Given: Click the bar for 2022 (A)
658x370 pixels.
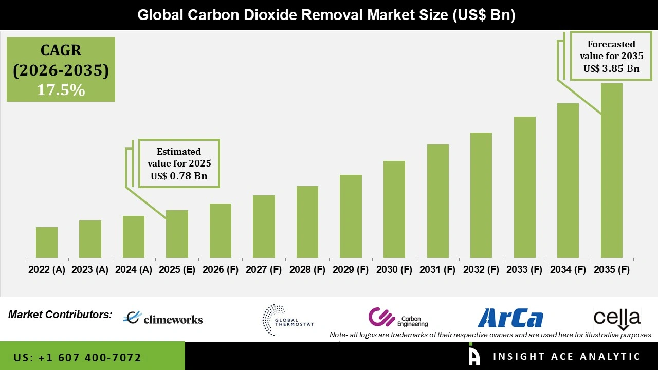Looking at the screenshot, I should click(x=47, y=243).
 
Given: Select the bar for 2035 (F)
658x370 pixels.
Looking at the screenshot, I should click(x=611, y=171).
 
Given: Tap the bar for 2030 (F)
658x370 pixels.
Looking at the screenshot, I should click(x=394, y=209).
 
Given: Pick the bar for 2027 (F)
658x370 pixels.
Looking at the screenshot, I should click(x=264, y=227).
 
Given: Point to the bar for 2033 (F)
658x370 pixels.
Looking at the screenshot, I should click(x=525, y=187).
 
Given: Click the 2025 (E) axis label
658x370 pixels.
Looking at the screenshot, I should click(x=177, y=270).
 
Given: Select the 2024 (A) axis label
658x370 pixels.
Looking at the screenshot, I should click(x=134, y=270).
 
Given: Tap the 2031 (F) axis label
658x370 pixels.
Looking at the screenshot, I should click(x=437, y=270).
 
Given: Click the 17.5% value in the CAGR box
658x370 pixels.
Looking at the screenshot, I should click(x=61, y=90).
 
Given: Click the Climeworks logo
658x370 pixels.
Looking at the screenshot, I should click(x=163, y=319).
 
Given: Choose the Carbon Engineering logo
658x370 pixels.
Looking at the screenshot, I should click(x=398, y=318).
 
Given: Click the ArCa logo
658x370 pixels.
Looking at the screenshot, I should click(x=510, y=318).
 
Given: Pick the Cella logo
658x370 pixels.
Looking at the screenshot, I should click(x=617, y=319).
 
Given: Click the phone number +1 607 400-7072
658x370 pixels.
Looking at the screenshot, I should click(x=78, y=357).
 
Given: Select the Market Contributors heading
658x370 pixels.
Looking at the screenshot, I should click(x=60, y=314).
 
